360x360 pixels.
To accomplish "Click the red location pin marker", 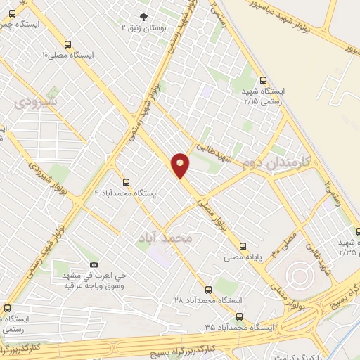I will (180, 165).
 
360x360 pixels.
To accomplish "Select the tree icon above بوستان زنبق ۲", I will (143, 18).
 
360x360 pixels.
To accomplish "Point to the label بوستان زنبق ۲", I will (143, 29).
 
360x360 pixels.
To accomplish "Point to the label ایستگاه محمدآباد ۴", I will (127, 193).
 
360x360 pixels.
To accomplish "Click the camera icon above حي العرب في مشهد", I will (94, 264).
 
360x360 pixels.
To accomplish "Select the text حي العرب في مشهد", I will (94, 276).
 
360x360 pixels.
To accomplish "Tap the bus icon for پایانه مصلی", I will (243, 246).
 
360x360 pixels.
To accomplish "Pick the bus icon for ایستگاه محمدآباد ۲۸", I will (207, 288).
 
